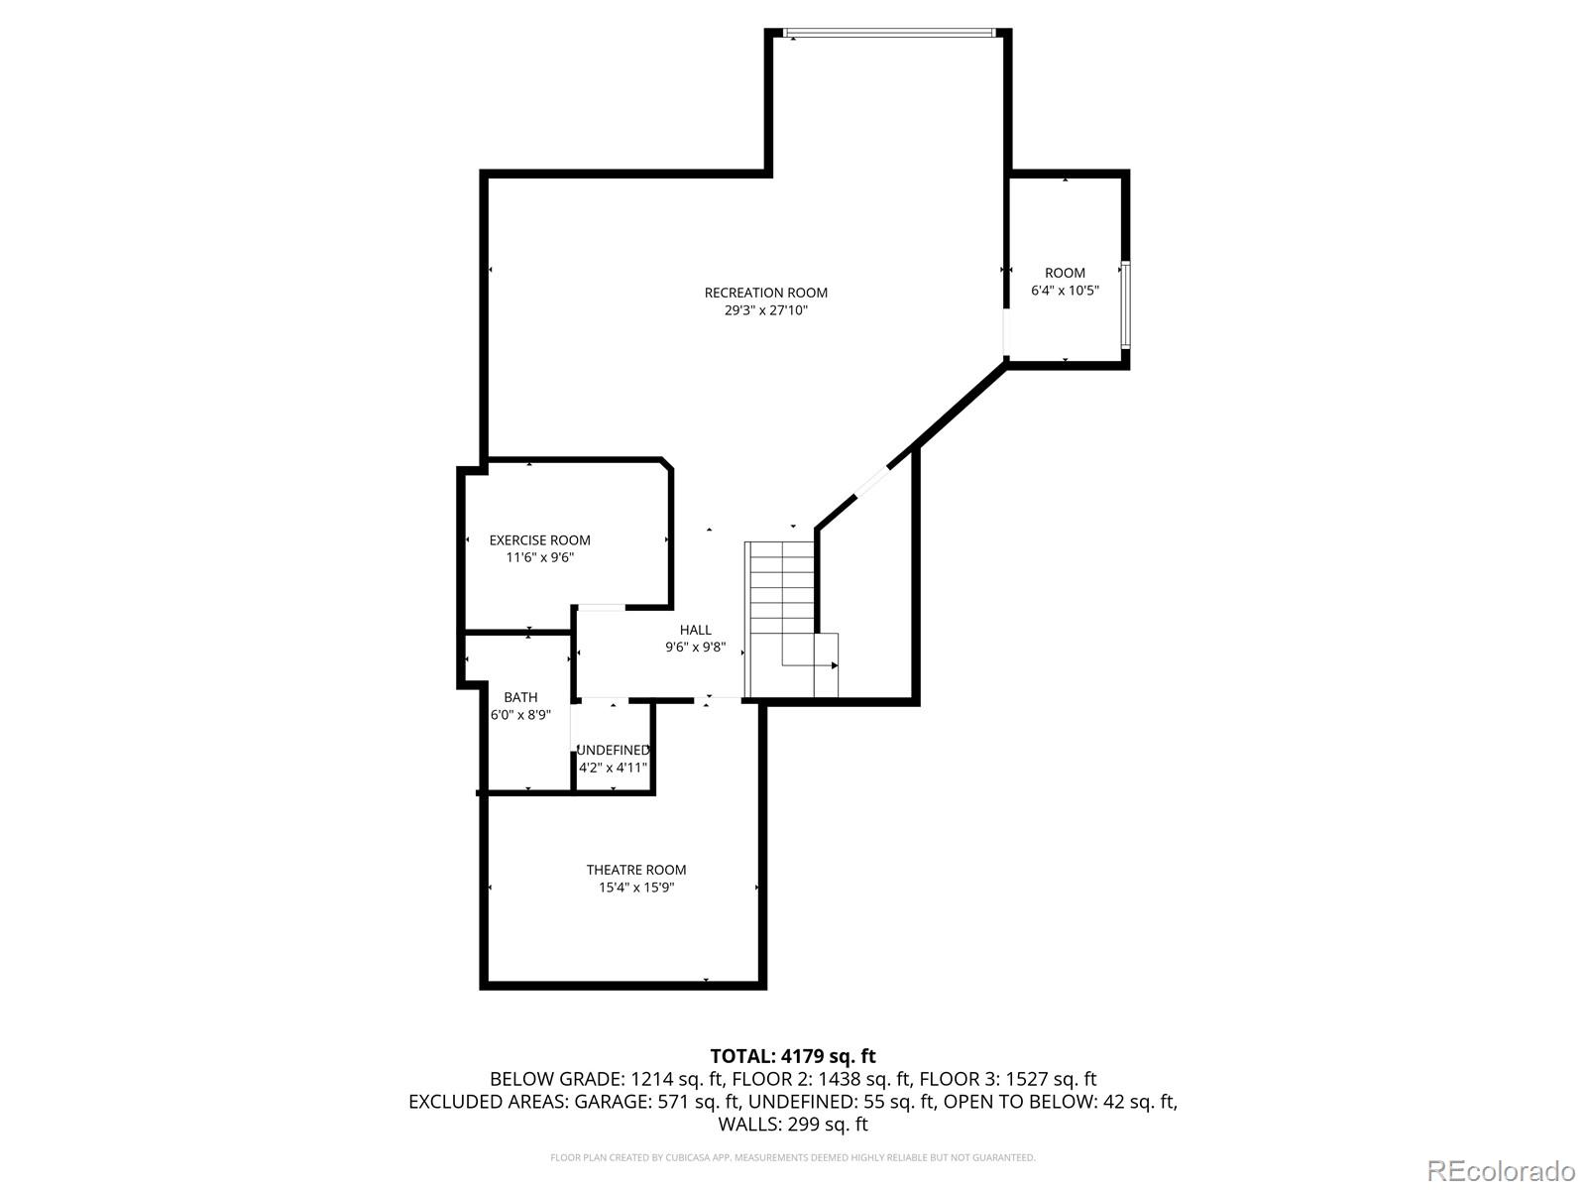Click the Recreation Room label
coord(765,293)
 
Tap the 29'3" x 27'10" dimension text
coord(765,310)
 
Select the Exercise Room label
coord(539,540)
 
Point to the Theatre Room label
coord(635,870)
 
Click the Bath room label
coord(520,697)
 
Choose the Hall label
coord(695,630)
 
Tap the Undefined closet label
coord(613,750)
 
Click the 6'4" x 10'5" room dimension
coord(1065,291)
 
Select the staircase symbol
coord(783,615)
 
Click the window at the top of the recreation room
coord(888,34)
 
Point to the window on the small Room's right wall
coord(1125,303)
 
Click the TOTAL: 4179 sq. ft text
coord(792,1056)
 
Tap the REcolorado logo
coord(1500,1170)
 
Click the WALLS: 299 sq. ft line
coord(792,1125)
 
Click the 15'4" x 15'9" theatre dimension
coord(635,888)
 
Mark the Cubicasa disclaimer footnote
coord(792,1157)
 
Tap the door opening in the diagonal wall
coord(872,481)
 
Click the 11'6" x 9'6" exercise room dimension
coord(539,558)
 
